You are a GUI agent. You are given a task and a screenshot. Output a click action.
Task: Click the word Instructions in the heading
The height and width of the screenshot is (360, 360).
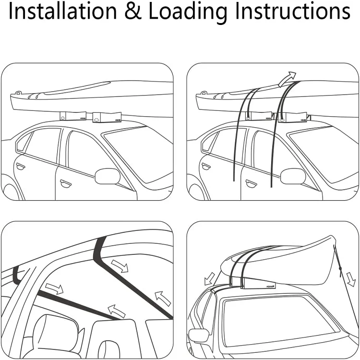[292, 12]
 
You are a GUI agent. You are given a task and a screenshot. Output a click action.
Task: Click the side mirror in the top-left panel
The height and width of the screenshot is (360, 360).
[107, 176]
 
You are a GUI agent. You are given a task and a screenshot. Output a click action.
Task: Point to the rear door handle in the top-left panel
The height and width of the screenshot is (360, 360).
[20, 166]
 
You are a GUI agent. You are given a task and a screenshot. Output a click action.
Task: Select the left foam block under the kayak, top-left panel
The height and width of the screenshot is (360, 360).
[72, 116]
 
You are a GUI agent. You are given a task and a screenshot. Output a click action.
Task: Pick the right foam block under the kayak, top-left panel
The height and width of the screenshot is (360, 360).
[107, 117]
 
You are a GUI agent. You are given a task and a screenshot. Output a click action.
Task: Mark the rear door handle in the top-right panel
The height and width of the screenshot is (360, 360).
[206, 166]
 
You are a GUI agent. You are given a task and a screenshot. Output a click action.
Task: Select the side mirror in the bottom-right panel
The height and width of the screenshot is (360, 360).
[197, 335]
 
